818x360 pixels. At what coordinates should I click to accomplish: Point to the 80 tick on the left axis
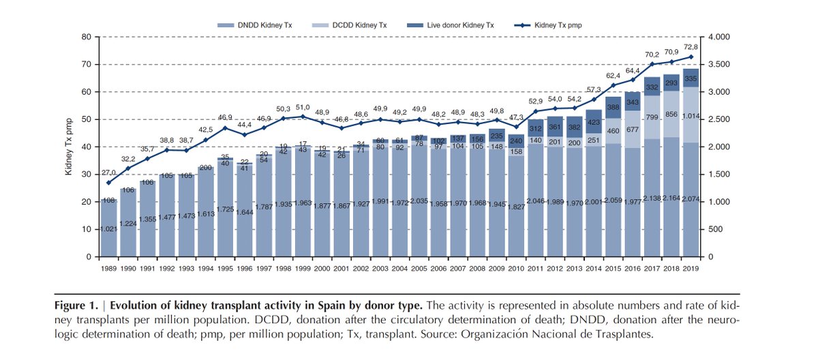(x=87, y=37)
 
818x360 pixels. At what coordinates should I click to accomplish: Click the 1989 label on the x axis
(x=109, y=268)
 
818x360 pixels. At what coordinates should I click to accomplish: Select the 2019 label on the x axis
(x=691, y=268)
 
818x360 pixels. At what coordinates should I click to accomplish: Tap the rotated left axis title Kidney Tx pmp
(x=69, y=147)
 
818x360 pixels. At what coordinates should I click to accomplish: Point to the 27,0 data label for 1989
(x=109, y=173)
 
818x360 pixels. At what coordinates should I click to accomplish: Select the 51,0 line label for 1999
(x=303, y=106)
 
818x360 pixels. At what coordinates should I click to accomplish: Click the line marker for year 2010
(x=517, y=127)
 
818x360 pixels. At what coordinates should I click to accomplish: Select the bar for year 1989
(x=109, y=228)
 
